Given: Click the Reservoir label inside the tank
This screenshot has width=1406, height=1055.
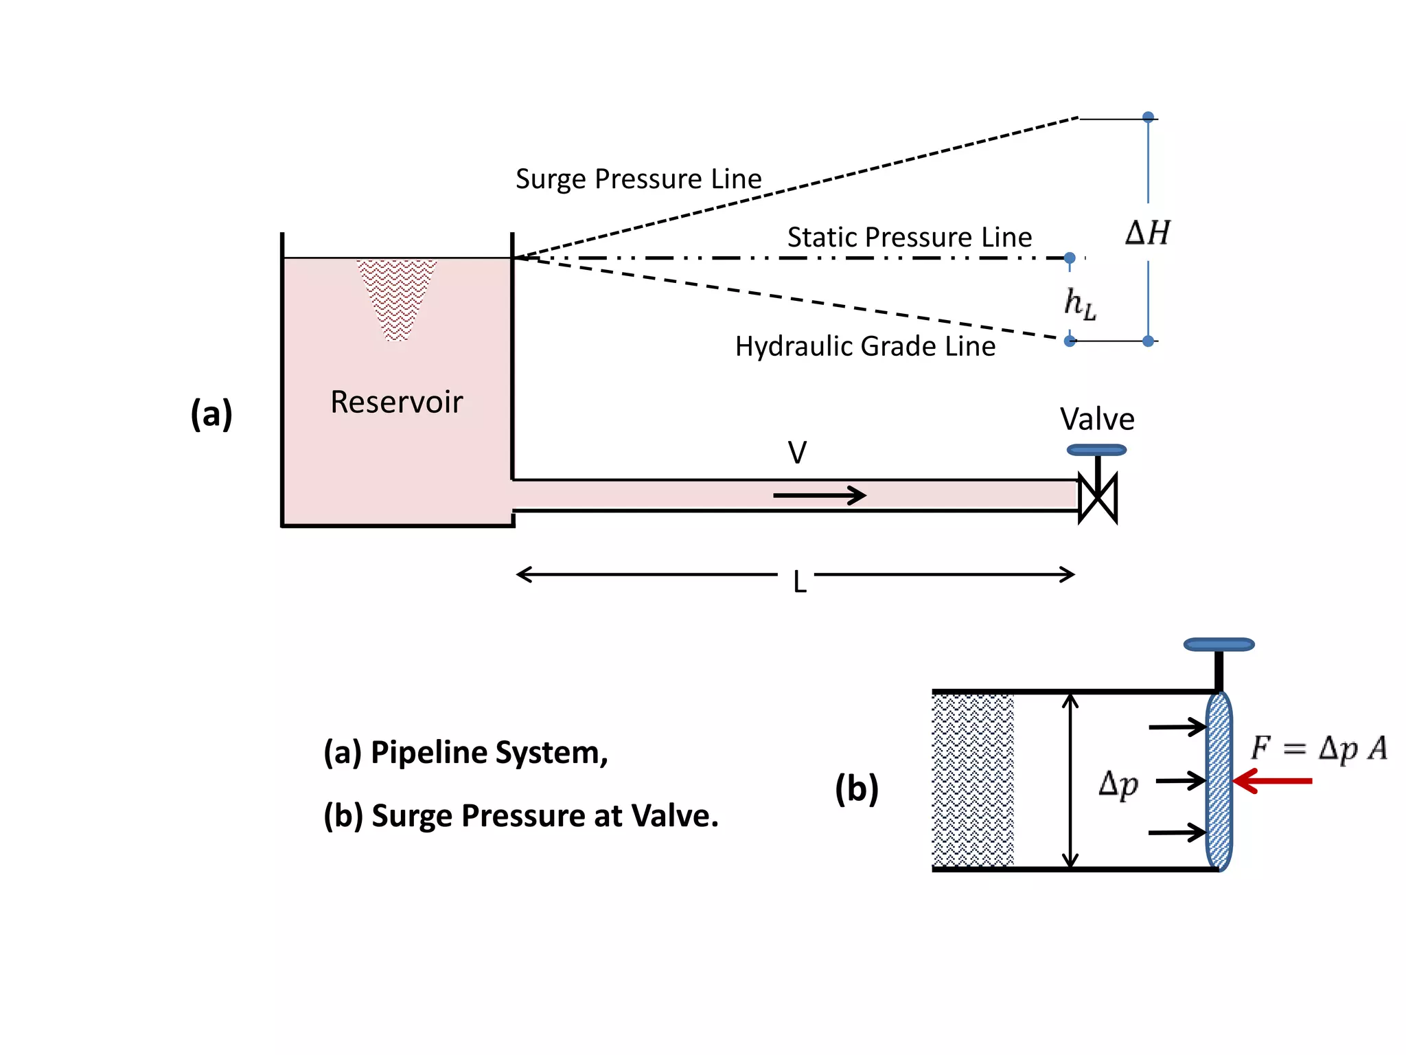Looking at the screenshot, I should (x=396, y=402).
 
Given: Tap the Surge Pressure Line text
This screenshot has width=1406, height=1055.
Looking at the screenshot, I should (x=638, y=179).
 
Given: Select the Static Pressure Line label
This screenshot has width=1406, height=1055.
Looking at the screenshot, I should (x=909, y=238).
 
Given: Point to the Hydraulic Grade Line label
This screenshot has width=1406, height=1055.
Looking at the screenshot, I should (x=864, y=346).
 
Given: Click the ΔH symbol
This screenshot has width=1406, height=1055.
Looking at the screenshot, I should (x=1147, y=234).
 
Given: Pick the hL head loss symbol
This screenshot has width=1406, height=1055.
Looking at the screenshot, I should (x=1079, y=303).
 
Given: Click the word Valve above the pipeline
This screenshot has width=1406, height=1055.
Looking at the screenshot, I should (x=1096, y=419).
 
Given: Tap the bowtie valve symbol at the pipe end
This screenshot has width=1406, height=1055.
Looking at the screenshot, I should (x=1097, y=498).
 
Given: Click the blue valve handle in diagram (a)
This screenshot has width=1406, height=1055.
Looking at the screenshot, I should (x=1096, y=450).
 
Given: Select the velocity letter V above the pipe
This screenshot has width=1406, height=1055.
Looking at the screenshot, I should (x=796, y=453).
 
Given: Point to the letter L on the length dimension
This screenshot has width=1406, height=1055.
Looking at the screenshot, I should (x=798, y=582).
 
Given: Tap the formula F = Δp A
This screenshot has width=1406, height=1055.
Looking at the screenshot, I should (x=1318, y=748).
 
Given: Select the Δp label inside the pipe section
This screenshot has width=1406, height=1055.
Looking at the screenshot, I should (x=1118, y=784).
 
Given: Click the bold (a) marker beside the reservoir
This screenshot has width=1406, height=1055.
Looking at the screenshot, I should (x=211, y=413).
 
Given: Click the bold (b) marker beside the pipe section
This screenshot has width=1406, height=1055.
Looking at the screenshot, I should (x=856, y=788).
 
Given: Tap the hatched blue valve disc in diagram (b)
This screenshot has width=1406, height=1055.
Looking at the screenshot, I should (x=1219, y=781).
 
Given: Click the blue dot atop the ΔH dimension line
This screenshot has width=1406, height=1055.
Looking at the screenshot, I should (x=1148, y=117).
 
